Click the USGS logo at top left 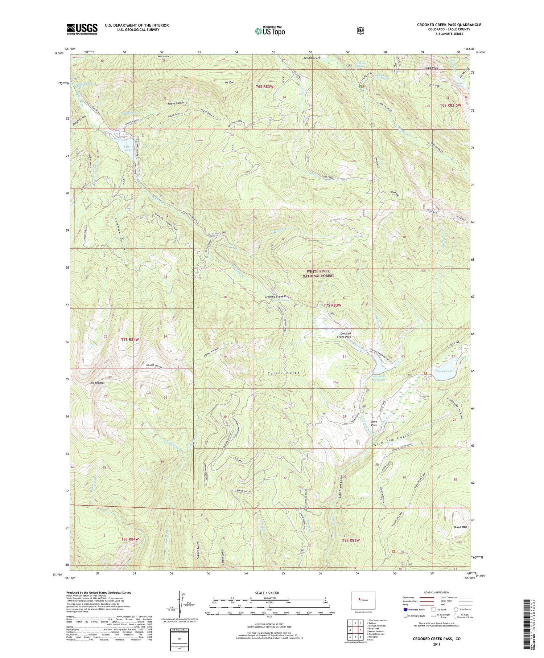point(82,29)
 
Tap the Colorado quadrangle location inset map point(363,601)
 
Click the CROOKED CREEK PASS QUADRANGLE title point(449,25)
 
